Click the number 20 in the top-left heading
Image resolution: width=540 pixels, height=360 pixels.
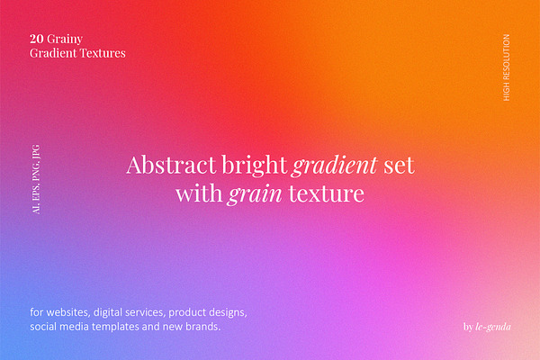37,39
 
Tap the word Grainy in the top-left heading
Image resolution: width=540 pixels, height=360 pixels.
65,40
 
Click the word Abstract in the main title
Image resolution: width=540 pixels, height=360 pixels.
171,165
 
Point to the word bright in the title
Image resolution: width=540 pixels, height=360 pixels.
255,166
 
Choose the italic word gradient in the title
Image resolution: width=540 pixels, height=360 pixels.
335,166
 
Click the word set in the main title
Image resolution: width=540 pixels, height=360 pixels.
399,166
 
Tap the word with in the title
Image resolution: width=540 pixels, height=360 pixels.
199,193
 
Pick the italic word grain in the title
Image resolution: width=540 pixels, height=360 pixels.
254,194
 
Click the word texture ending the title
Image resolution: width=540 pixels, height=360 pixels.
326,194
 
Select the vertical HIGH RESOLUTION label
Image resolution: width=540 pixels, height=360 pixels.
506,67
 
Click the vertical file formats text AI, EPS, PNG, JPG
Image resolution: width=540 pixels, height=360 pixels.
36,179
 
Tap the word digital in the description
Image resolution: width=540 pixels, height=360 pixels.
108,313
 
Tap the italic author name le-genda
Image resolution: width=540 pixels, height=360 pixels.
493,327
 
